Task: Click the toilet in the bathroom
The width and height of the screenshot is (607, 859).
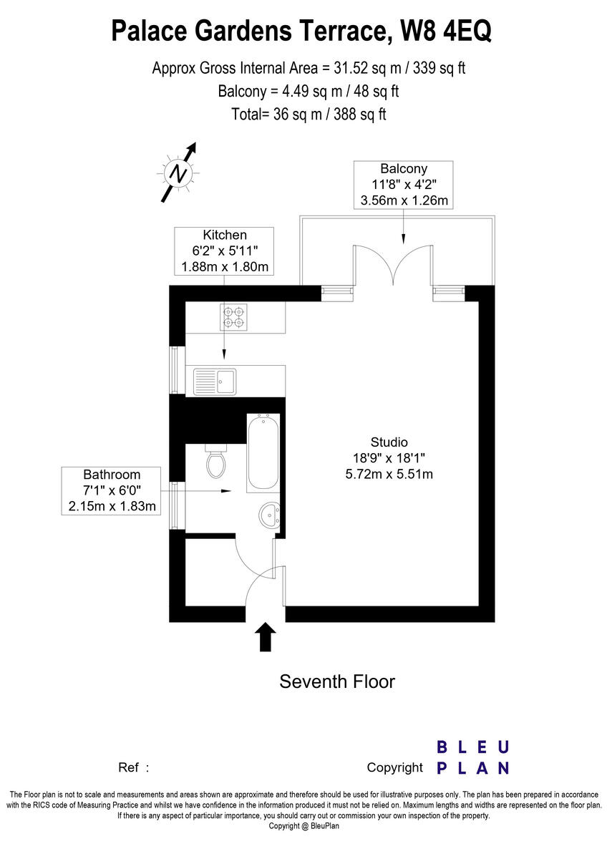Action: point(215,461)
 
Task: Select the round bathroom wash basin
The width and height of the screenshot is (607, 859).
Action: point(271,513)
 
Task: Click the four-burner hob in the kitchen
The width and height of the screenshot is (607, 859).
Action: point(233,316)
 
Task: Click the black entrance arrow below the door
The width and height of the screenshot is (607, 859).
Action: point(266,636)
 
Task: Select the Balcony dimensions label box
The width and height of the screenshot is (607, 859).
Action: point(404,185)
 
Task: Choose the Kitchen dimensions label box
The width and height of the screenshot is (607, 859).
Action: point(225,251)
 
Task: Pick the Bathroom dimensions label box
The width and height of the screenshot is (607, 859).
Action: point(112,491)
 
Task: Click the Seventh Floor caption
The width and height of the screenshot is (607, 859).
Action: point(336,681)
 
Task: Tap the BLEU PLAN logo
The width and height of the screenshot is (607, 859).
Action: point(473,757)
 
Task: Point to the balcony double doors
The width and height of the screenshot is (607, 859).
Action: point(393,265)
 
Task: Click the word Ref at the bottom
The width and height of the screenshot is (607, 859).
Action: point(129,767)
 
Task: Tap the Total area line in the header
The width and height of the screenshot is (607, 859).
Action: point(309,114)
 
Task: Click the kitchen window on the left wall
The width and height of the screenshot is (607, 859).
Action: point(174,370)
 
